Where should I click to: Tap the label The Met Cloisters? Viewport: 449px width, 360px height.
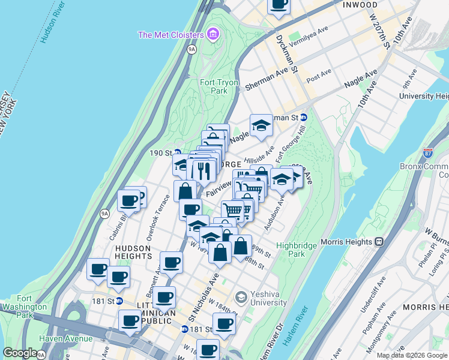(x=172, y=35)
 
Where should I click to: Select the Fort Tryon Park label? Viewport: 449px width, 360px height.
(x=219, y=86)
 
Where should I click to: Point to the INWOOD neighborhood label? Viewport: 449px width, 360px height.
(x=360, y=5)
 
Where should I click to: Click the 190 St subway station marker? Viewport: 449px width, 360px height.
(x=177, y=152)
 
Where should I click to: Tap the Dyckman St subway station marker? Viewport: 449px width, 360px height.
(x=304, y=118)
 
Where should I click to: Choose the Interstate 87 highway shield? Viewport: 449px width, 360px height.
(x=428, y=154)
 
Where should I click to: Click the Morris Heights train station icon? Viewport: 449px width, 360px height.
(x=379, y=241)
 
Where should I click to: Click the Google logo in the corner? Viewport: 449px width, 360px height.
(x=20, y=353)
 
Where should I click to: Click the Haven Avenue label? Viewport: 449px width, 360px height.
(x=65, y=338)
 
